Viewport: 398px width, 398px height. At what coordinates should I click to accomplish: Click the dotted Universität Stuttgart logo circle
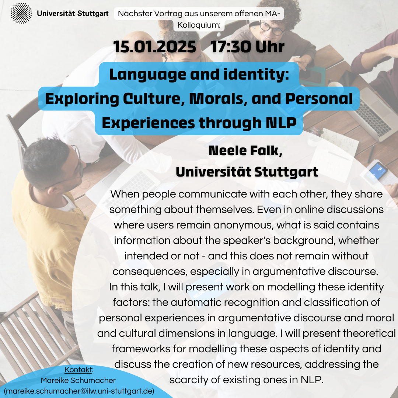coord(21,13)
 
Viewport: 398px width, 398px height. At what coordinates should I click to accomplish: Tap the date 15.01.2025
coord(154,47)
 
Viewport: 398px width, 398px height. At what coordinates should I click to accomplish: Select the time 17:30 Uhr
coord(248,47)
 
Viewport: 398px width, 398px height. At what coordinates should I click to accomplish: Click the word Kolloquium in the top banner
coord(199,25)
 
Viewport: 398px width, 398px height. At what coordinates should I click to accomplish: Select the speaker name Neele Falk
coord(245,150)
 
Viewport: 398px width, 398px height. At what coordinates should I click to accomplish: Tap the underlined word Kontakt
coord(78,370)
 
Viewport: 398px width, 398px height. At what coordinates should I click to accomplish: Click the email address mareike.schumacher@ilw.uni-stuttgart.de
coord(79,391)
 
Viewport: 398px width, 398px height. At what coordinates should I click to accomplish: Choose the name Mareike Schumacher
coord(78,380)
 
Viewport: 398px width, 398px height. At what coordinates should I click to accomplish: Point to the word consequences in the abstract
coord(150,272)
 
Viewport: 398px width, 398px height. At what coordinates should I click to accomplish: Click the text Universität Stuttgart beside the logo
coord(73,14)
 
